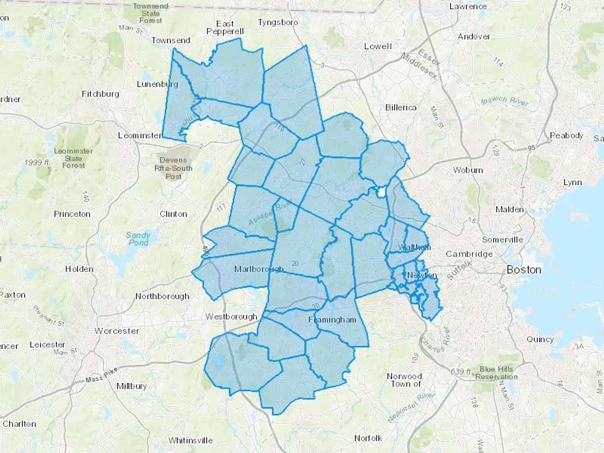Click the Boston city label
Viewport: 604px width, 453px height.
(x=524, y=270)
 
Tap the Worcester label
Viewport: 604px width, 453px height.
(x=117, y=331)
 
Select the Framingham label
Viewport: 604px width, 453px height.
(x=332, y=320)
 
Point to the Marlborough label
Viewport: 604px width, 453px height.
(x=259, y=269)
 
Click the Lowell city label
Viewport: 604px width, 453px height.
(x=378, y=46)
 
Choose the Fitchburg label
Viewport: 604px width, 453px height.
(x=100, y=94)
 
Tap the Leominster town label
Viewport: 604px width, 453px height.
(x=140, y=136)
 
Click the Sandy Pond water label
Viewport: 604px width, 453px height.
(x=138, y=239)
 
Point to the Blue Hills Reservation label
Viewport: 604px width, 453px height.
(x=496, y=373)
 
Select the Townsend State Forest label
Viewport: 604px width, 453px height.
(x=151, y=13)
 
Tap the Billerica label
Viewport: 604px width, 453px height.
(x=401, y=108)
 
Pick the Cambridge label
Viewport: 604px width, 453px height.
(x=469, y=254)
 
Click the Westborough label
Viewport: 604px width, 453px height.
(x=231, y=316)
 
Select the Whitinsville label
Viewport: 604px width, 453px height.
(x=191, y=440)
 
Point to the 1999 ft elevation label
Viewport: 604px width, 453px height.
(x=37, y=163)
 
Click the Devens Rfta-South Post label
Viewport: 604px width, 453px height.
(x=173, y=168)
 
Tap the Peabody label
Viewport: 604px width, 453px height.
(x=566, y=136)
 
